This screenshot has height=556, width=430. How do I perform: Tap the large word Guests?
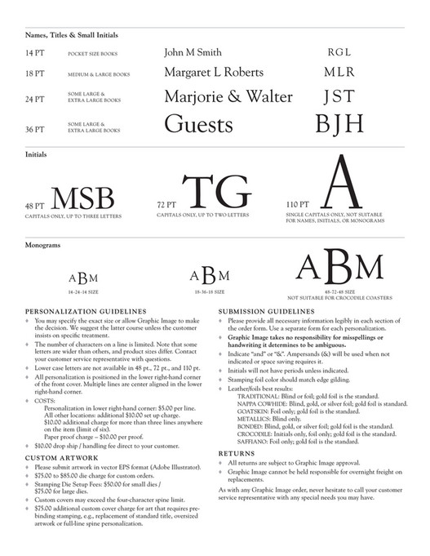click(x=198, y=124)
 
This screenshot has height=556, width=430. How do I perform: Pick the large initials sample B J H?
click(x=339, y=124)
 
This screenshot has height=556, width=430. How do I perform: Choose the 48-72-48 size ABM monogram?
click(x=339, y=267)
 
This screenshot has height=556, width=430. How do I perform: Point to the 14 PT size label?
click(x=34, y=53)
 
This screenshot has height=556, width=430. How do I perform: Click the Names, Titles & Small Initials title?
click(x=71, y=34)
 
